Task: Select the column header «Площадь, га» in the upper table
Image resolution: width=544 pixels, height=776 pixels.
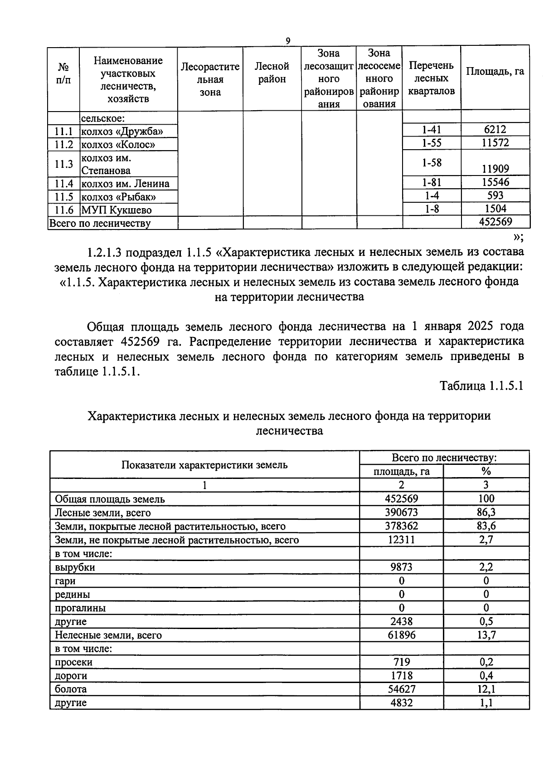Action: [495, 71]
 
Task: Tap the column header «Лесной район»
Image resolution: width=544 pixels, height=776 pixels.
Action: [272, 73]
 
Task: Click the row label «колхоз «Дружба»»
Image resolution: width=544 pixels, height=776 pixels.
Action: [122, 132]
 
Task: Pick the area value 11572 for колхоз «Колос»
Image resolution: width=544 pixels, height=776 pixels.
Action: [495, 143]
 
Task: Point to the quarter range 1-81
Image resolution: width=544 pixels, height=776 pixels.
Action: [431, 182]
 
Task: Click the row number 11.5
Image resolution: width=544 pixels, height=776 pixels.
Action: [63, 197]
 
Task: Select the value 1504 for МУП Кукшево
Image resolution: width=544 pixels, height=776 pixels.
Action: [495, 209]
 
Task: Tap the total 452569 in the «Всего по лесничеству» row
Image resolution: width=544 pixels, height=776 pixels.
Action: [495, 222]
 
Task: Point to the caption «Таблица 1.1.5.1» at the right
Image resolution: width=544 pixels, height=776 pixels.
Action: [481, 386]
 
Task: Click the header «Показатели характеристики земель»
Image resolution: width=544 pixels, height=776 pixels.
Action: [204, 465]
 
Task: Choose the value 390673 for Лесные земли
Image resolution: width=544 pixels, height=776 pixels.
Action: [401, 512]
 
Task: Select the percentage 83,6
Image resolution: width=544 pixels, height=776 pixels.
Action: [486, 526]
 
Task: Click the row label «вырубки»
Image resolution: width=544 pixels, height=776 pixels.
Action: [75, 567]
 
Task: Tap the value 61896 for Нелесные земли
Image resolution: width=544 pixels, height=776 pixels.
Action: [401, 635]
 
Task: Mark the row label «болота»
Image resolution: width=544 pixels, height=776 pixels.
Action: [70, 689]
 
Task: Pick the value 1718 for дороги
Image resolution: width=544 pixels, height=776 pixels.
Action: [401, 676]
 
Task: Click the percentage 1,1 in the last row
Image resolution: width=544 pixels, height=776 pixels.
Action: [486, 703]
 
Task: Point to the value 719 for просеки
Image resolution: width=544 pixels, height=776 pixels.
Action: [401, 662]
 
